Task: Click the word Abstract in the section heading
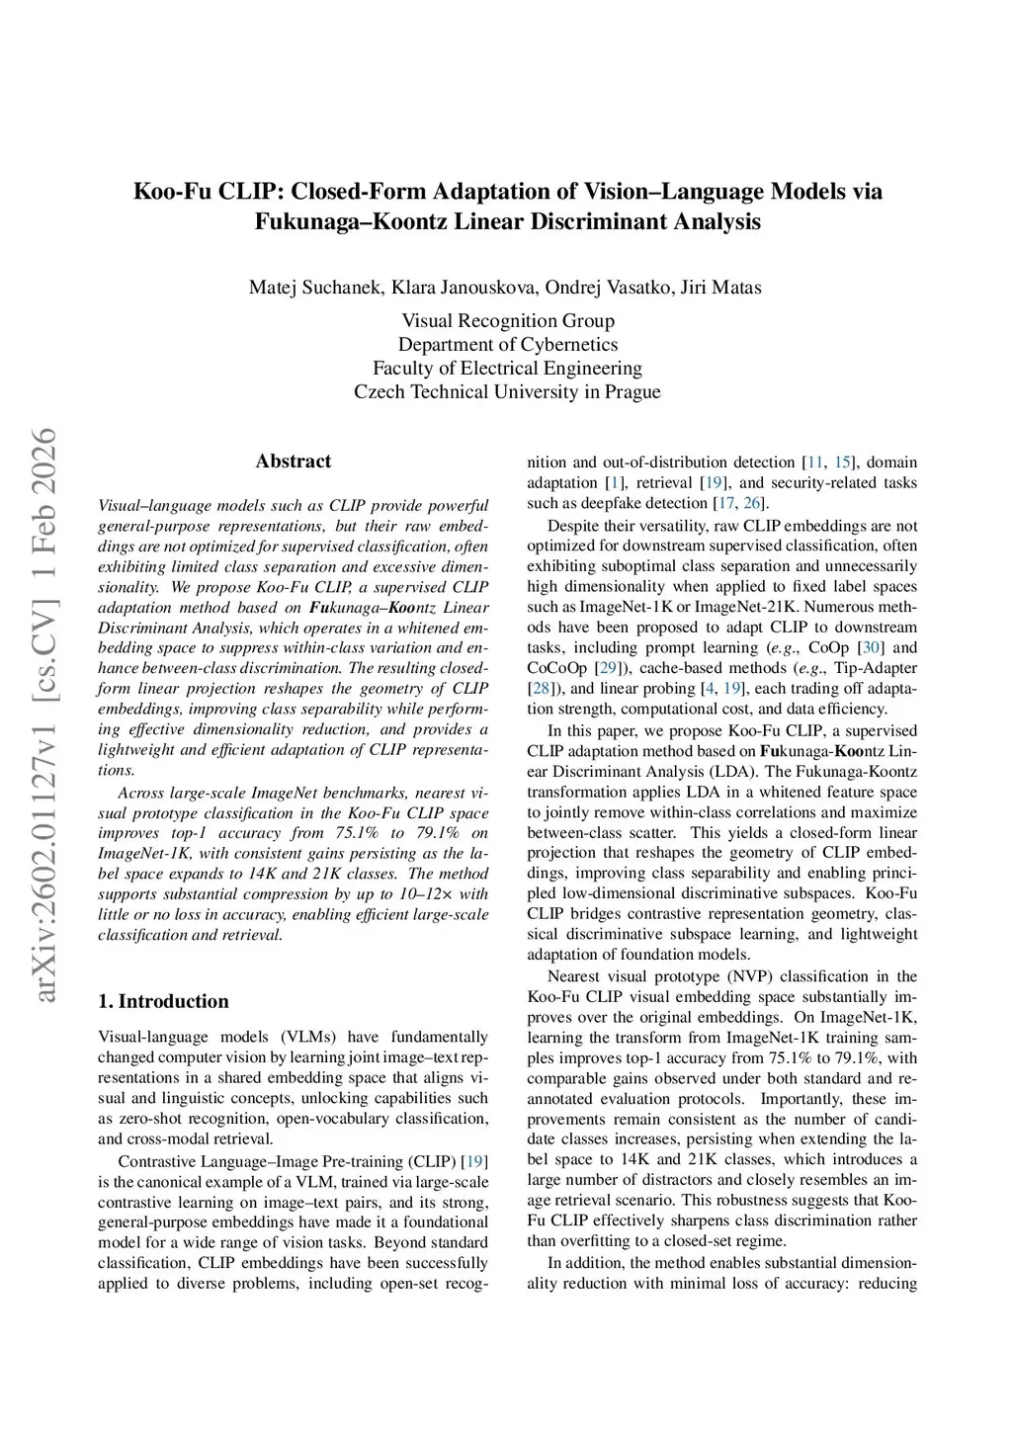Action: (x=293, y=462)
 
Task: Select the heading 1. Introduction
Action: (x=163, y=1001)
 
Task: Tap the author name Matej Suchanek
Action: (x=315, y=288)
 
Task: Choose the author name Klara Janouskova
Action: (x=464, y=288)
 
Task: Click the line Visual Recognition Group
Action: (x=507, y=320)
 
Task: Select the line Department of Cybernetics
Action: (x=507, y=344)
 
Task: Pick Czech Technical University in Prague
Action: (x=507, y=391)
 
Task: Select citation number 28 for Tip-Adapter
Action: (x=541, y=689)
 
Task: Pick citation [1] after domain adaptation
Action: (x=616, y=483)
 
